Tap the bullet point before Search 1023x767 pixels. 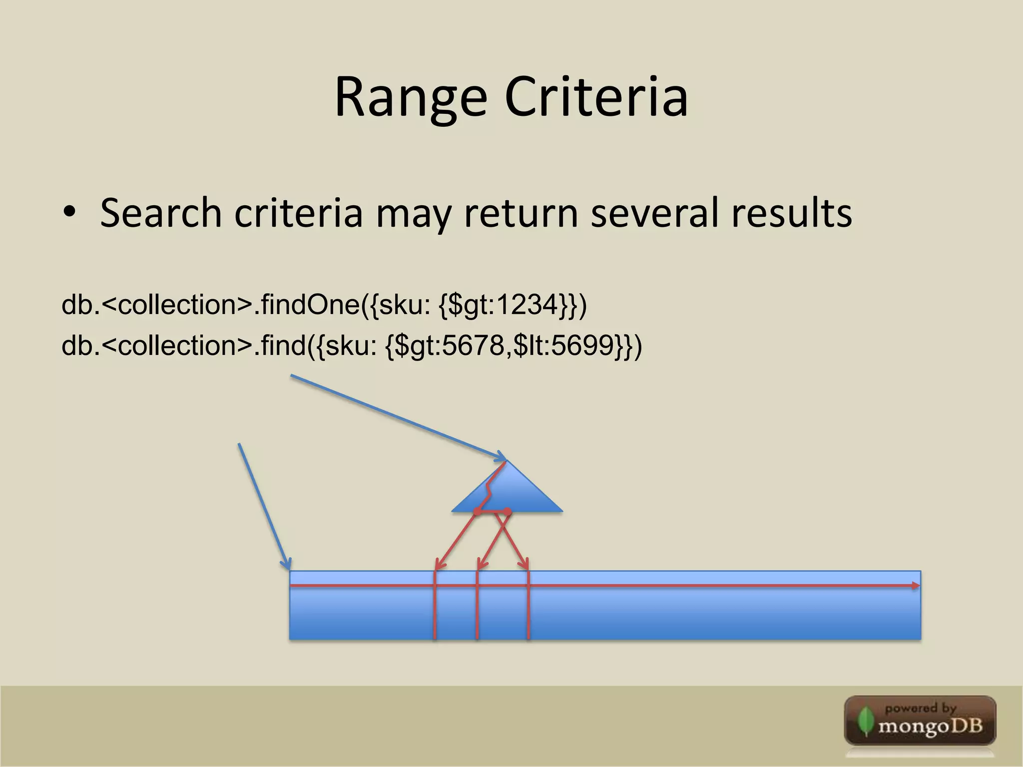point(70,212)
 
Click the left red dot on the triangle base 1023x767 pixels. point(477,512)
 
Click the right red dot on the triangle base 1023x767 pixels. point(508,512)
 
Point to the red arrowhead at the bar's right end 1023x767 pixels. point(915,586)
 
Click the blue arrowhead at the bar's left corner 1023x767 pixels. point(287,564)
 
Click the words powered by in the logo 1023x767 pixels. point(921,708)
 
